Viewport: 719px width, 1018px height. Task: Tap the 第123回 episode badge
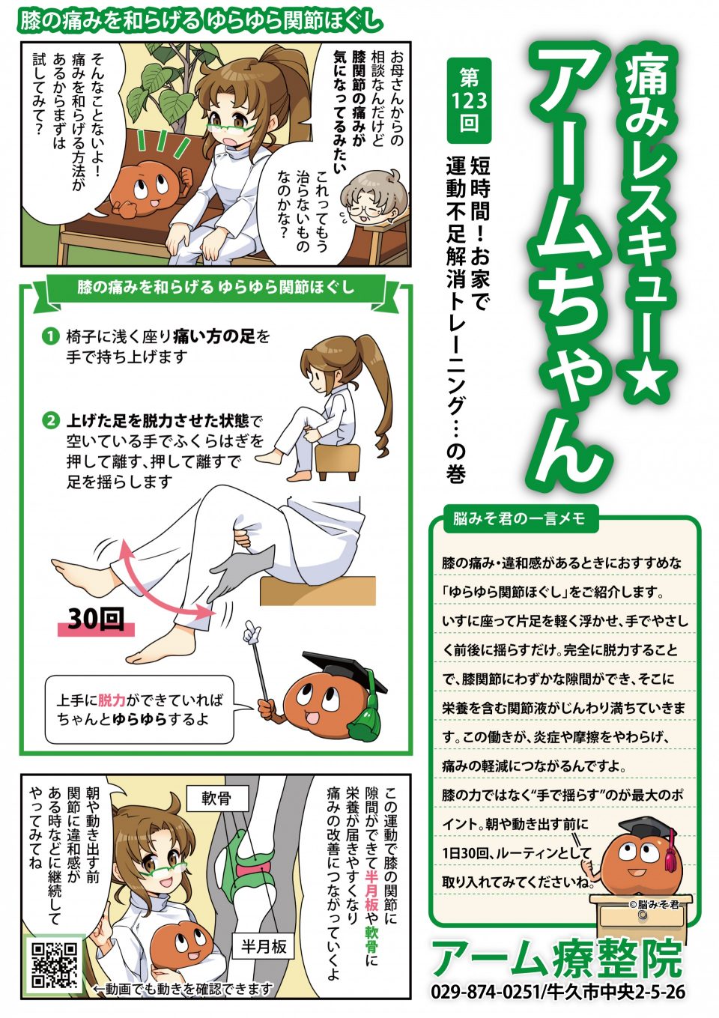[469, 100]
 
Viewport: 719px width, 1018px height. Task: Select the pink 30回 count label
[95, 619]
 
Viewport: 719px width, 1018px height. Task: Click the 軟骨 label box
[216, 798]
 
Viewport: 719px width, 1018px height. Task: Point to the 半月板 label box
[263, 947]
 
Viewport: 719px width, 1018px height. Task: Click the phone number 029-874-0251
[485, 991]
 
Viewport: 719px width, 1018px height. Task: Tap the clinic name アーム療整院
[558, 957]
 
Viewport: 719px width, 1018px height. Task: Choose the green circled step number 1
[50, 336]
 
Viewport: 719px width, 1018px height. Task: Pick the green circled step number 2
[50, 421]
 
